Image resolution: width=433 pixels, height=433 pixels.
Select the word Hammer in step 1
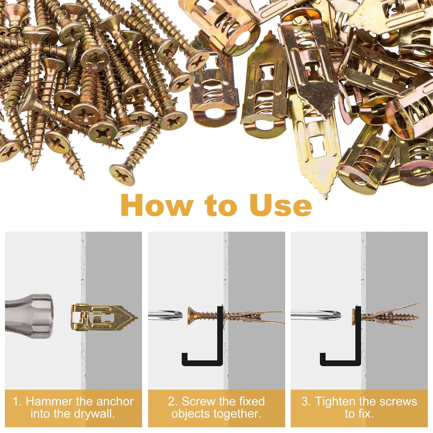(49, 402)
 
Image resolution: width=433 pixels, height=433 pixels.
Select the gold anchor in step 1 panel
(101, 318)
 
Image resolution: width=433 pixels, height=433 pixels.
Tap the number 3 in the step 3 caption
(305, 402)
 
